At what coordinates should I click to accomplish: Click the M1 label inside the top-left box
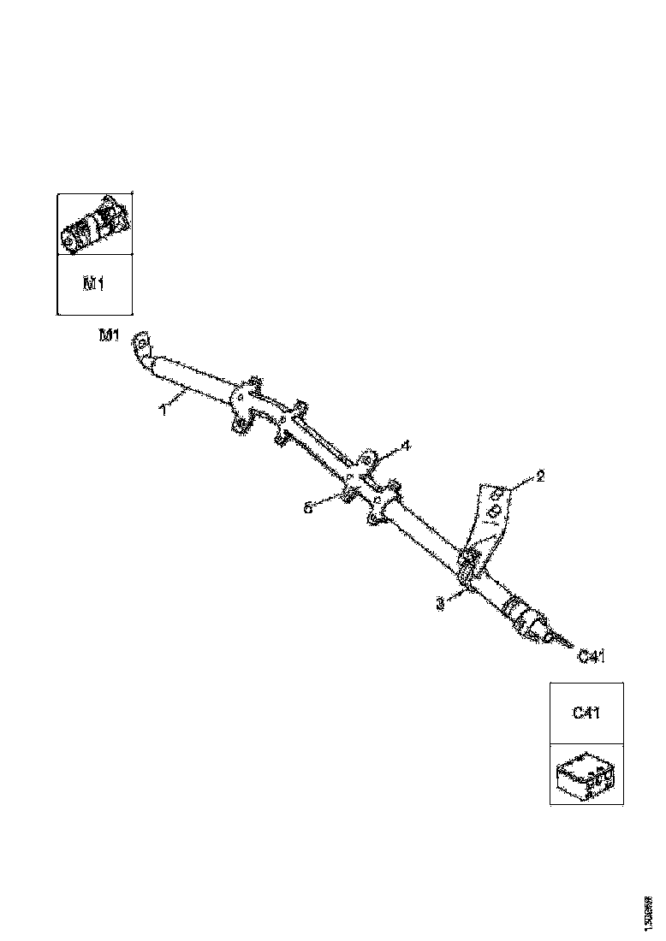[x=93, y=284]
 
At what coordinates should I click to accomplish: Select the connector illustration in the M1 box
[x=95, y=225]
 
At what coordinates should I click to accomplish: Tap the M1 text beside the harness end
[x=109, y=335]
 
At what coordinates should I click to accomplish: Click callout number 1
[x=162, y=410]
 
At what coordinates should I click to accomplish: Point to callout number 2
[x=539, y=476]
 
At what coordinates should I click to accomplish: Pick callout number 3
[x=440, y=603]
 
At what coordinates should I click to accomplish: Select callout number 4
[x=406, y=445]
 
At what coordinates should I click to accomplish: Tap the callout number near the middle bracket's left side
[x=308, y=507]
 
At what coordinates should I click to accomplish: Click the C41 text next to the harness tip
[x=592, y=656]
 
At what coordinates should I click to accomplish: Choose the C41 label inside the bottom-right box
[x=586, y=713]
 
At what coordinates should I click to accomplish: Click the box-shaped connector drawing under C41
[x=586, y=775]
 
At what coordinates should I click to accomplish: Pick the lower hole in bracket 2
[x=493, y=511]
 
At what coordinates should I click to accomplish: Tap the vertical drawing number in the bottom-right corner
[x=650, y=914]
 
